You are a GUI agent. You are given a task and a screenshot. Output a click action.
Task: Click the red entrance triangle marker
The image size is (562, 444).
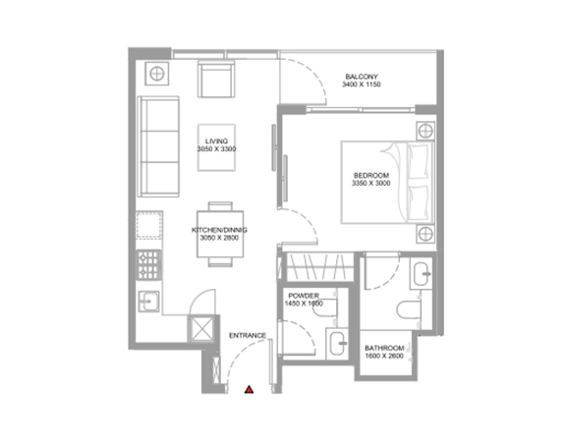[250, 390]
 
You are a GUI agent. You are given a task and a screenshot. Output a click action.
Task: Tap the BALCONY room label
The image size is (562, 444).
[362, 77]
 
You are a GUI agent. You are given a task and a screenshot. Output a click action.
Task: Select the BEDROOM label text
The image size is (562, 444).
[371, 176]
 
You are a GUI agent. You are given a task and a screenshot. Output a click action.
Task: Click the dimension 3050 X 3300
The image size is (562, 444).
[216, 149]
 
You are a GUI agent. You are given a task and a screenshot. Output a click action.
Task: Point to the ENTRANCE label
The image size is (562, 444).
[248, 336]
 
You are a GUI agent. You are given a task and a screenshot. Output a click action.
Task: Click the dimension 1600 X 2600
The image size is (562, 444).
[384, 356]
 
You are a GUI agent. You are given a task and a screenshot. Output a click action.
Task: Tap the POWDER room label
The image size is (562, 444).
[304, 296]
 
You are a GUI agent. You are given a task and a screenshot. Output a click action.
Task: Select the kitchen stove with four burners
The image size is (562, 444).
[148, 265]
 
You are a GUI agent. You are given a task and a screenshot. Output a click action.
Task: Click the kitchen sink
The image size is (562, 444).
[149, 301]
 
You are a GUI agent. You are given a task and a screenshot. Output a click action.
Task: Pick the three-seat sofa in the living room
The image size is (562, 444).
[158, 146]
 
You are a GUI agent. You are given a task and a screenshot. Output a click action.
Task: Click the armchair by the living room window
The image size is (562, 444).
[216, 79]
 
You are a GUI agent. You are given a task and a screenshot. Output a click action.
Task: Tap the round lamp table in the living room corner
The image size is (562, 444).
[157, 74]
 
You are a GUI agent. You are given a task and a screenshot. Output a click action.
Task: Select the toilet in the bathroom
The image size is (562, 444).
[409, 309]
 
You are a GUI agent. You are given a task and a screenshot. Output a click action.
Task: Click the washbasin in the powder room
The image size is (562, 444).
[338, 344]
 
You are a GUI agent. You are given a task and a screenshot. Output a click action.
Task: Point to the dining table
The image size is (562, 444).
[220, 234]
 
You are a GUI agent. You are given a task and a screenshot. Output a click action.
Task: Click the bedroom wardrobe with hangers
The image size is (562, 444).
[320, 267]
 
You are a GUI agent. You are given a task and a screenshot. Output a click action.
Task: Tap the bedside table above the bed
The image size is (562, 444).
[425, 131]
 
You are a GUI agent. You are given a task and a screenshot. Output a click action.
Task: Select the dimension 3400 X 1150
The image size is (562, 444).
[362, 84]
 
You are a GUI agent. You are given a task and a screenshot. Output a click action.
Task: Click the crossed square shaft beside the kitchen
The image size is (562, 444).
[201, 328]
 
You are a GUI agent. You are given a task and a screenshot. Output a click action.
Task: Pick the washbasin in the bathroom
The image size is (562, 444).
[421, 274]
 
